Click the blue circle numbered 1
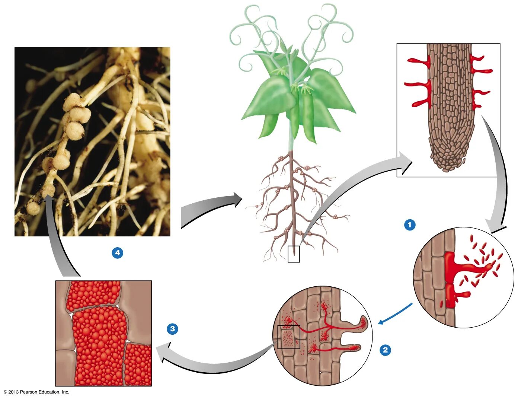[410, 225]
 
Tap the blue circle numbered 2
[385, 350]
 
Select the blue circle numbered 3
[172, 329]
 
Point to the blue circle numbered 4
[118, 253]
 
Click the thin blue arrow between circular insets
[395, 314]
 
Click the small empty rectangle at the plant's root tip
[294, 254]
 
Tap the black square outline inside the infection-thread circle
[289, 337]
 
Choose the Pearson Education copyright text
[36, 392]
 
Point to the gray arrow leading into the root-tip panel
[357, 186]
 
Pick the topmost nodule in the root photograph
[72, 102]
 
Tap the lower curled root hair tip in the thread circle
[355, 348]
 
